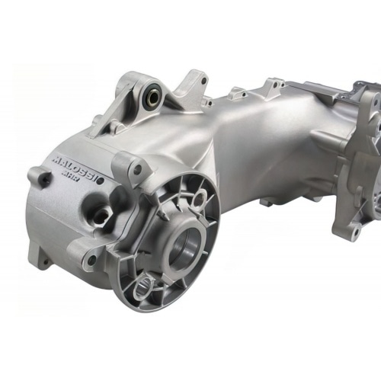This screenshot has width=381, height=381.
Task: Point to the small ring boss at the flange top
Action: (x=199, y=199)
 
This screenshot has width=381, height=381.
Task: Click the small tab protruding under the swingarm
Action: (x=267, y=202)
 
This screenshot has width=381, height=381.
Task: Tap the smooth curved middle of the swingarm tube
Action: (x=251, y=145)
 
